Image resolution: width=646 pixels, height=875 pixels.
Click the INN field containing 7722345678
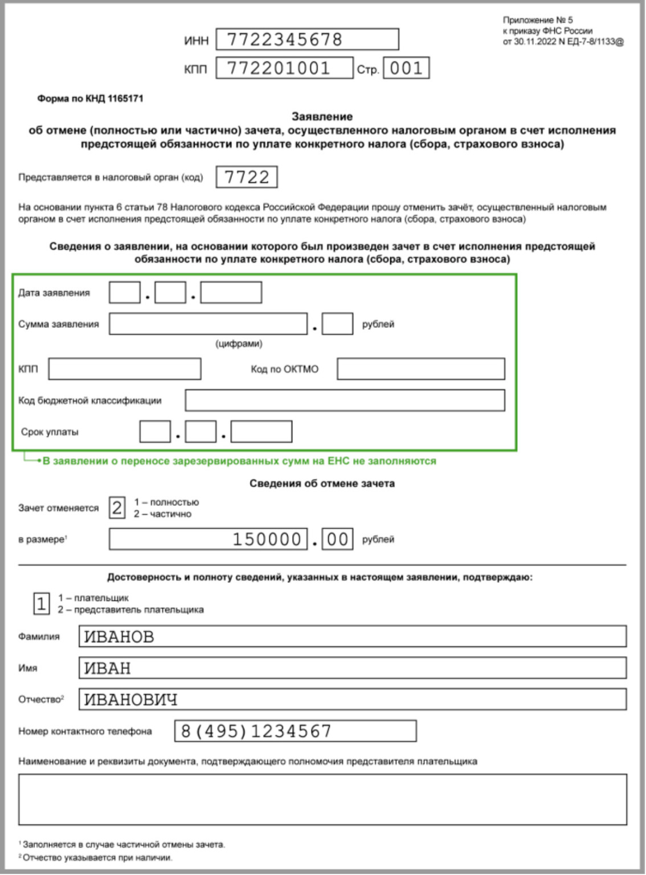point(307,39)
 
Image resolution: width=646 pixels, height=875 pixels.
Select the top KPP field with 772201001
point(284,68)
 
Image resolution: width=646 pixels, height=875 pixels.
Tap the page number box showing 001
point(406,68)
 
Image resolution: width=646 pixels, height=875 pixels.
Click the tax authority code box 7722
point(247,177)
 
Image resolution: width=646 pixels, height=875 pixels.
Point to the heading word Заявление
point(322,117)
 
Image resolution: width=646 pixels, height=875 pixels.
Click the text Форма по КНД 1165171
point(90,99)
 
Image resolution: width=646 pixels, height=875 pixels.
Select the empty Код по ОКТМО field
point(420,369)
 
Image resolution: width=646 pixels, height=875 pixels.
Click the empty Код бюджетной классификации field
point(345,400)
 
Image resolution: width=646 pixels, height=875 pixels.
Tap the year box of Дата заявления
point(231,293)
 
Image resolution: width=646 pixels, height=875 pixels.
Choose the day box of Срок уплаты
point(155,432)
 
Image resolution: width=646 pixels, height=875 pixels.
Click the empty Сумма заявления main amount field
point(208,324)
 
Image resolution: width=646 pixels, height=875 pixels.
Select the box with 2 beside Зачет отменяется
point(117,508)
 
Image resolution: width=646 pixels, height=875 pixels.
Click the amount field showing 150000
point(208,539)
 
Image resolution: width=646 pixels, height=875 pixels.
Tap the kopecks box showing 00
point(337,539)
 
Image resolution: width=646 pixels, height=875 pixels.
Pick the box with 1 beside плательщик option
point(42,604)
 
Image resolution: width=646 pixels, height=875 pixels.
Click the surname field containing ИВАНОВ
point(352,636)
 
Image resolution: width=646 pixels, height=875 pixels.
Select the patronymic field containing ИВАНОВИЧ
point(352,699)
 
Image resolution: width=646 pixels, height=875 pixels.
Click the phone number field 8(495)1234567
point(295,731)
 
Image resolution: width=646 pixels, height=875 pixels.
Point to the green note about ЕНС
point(239,461)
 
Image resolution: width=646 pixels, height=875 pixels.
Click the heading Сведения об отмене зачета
point(322,484)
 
